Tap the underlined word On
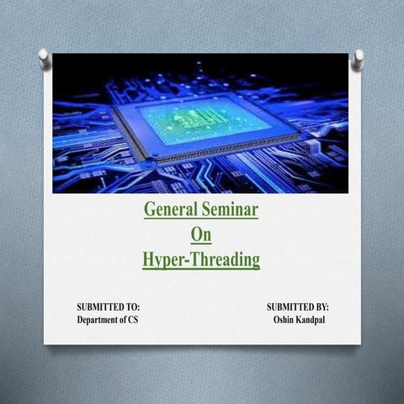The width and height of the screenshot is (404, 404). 200,234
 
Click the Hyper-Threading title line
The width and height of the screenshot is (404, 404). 201,260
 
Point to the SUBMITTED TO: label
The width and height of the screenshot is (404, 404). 108,308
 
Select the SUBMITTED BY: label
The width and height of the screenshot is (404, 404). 297,308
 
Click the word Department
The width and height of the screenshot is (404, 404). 99,321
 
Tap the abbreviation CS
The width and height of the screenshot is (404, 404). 133,321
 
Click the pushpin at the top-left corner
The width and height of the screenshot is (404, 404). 44,57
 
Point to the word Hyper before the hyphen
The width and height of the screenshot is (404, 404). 164,260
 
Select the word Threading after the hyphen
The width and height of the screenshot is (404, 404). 226,260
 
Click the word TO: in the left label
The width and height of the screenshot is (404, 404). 133,308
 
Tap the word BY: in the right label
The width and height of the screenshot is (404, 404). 321,308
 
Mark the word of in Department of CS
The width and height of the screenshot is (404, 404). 121,321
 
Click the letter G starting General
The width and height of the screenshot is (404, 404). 150,209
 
